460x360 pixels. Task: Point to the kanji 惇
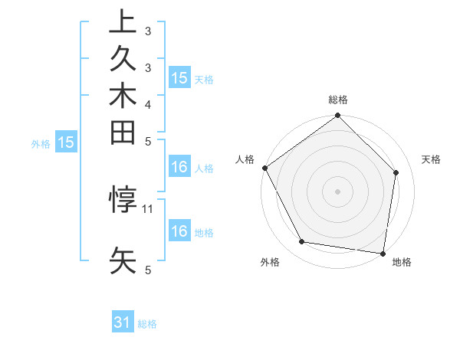coord(123,200)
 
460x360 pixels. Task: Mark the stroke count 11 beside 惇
coord(149,208)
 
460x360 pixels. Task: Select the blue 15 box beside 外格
coord(66,142)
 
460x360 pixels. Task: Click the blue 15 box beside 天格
coord(179,77)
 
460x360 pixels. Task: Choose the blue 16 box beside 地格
coord(179,231)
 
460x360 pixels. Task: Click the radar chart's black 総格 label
coord(338,100)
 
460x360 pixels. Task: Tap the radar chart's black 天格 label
coord(431,159)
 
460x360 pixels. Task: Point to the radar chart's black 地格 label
coord(402,262)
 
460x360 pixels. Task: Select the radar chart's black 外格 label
coord(270,262)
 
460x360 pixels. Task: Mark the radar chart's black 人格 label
coord(245,159)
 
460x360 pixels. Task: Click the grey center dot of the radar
coord(337,191)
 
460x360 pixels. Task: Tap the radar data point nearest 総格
coord(338,116)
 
